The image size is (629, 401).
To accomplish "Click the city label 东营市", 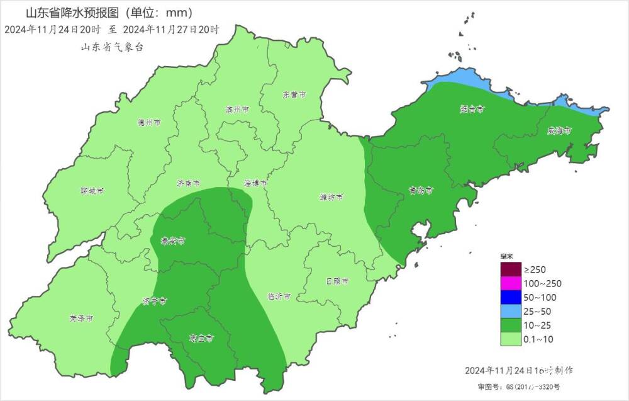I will tap(294, 95).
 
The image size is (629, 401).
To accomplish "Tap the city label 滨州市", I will tap(237, 110).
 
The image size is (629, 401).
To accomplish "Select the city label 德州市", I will tap(149, 123).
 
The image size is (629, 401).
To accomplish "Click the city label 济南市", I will tap(188, 184).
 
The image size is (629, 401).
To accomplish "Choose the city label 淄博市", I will tap(256, 184).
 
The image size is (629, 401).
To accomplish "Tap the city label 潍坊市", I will tap(331, 197).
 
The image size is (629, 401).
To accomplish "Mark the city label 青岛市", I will tap(418, 189).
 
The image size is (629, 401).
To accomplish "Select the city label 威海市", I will tap(559, 131).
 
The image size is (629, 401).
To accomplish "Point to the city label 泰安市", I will tap(173, 241).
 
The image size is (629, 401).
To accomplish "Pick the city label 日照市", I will tap(337, 281).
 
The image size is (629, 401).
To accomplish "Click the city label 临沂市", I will tap(279, 297).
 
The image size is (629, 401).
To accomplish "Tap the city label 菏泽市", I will tap(81, 319).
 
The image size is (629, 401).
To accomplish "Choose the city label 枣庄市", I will tap(201, 338).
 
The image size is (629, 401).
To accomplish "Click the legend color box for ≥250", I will tap(511, 269).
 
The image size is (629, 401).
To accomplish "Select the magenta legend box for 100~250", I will tap(511, 283).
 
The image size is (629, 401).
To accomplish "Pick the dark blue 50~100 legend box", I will tap(511, 297).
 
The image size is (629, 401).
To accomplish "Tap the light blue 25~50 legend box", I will tap(511, 312).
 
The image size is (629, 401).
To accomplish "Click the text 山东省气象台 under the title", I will tap(112, 47).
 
